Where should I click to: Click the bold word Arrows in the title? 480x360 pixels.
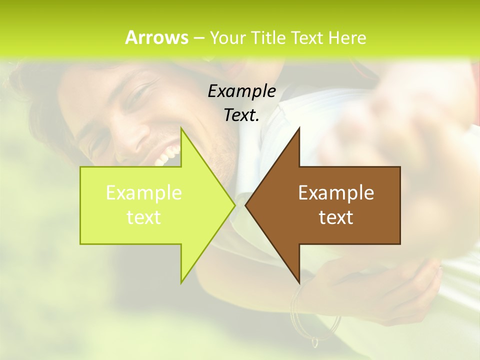point(156,37)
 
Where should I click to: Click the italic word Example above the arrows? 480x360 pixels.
point(241,91)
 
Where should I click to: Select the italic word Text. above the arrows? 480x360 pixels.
point(241,115)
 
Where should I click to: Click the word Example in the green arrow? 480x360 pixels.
point(144,192)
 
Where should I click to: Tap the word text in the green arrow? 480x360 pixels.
point(144,217)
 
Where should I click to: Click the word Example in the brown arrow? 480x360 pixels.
point(336,192)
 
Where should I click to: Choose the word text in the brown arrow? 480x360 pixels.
point(336,217)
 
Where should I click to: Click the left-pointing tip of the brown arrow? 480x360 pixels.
point(246,205)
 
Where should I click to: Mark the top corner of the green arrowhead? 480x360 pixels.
point(181,129)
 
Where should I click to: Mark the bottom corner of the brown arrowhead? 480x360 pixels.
point(299,282)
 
